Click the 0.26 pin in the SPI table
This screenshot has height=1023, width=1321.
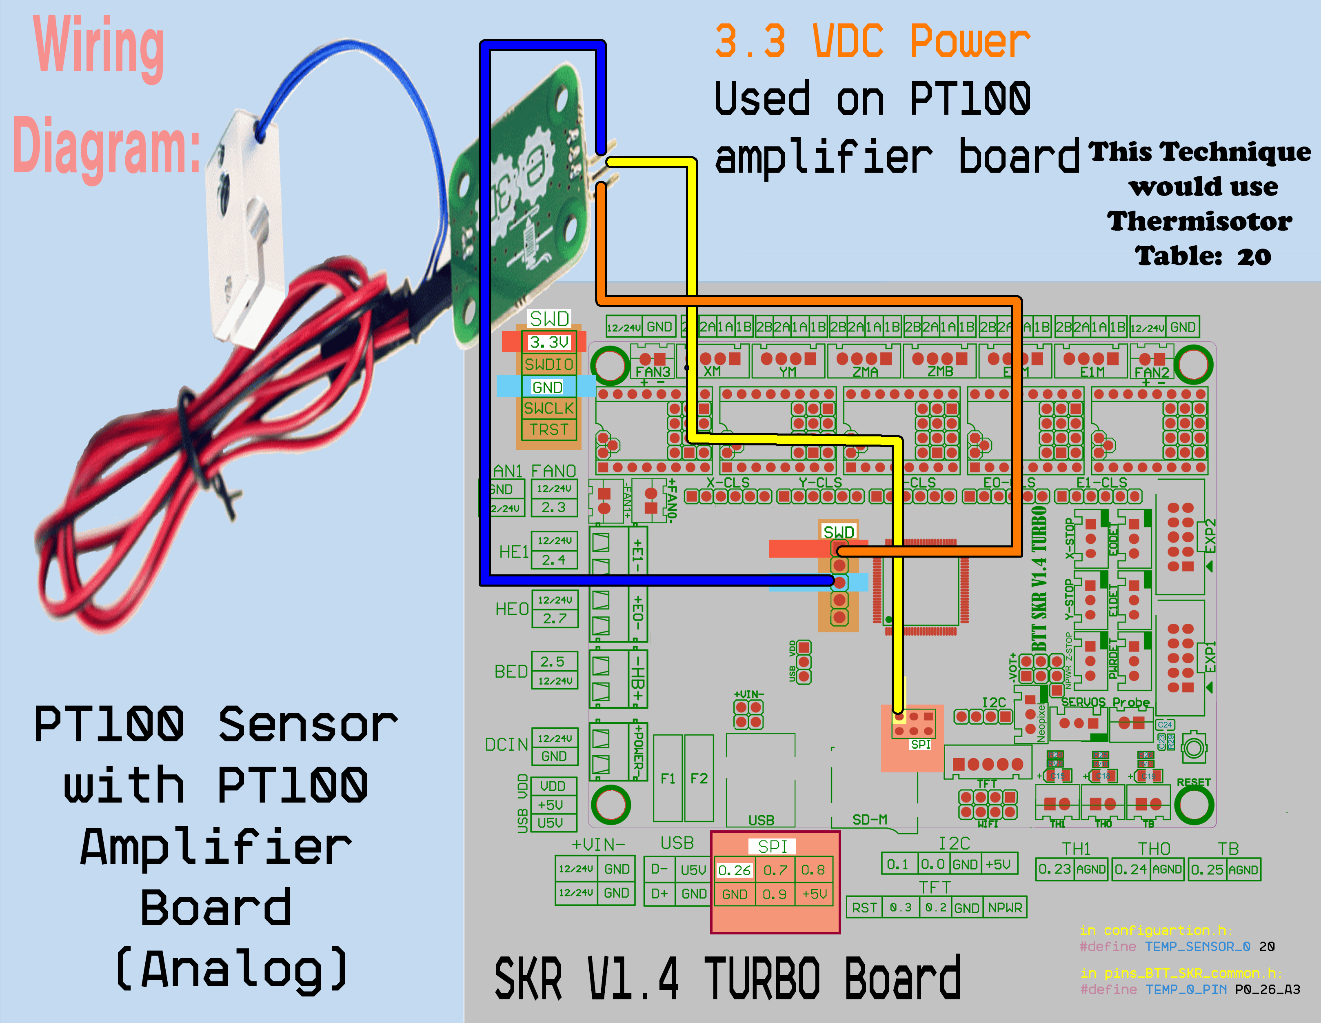pos(734,870)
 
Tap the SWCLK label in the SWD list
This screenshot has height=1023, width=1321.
pos(548,408)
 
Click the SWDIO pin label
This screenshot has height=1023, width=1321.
pos(548,364)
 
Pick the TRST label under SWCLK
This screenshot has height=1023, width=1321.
pos(548,429)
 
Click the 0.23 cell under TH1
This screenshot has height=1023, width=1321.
pos(1054,870)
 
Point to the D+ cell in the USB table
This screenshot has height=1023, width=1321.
pos(659,893)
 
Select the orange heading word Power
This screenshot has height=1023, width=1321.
pos(970,42)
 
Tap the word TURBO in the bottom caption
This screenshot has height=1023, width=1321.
pos(763,978)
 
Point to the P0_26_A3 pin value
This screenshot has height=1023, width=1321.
pos(1267,989)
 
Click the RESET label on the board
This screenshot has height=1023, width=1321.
pos(1193,782)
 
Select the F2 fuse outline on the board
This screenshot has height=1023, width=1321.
pos(699,778)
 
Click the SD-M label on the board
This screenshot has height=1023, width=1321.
pos(869,820)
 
